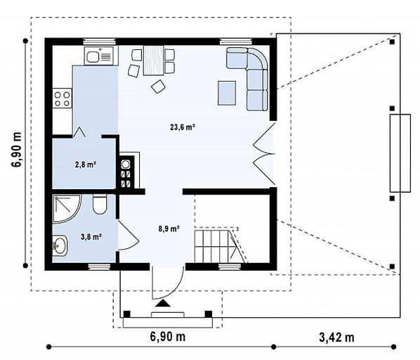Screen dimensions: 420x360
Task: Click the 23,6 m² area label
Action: [182, 127]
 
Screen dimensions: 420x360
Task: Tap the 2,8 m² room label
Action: [86, 165]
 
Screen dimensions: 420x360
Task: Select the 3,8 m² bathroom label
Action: [91, 237]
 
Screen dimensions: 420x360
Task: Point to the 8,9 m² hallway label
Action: [169, 229]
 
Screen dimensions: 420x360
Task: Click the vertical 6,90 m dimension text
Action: [17, 150]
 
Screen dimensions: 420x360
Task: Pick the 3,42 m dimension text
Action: [336, 337]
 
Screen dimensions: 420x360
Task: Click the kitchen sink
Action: [99, 56]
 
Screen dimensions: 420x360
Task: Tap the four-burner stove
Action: [62, 98]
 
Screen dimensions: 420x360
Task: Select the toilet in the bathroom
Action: [100, 205]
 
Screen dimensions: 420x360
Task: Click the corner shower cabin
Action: [67, 209]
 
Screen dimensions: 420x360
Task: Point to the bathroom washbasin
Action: [60, 245]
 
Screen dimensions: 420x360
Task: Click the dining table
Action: [154, 60]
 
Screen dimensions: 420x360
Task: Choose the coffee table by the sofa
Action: [227, 93]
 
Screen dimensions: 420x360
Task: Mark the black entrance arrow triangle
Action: [163, 304]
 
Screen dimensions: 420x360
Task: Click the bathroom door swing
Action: [128, 236]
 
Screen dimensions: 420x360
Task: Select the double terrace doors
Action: [264, 153]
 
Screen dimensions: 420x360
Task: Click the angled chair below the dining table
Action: [158, 86]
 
